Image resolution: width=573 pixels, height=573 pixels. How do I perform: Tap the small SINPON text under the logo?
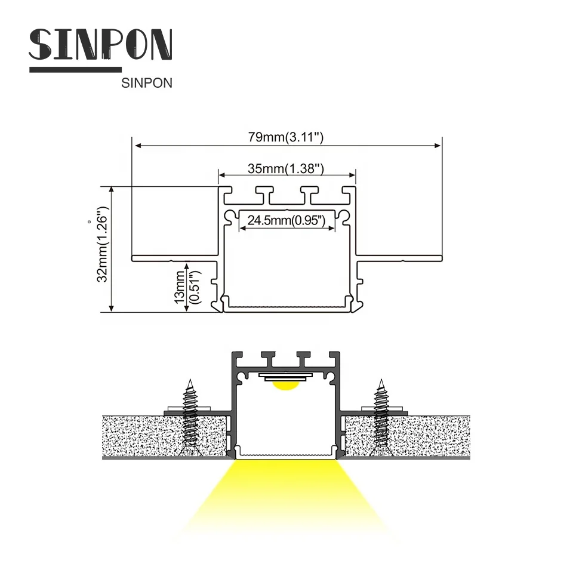click(146, 84)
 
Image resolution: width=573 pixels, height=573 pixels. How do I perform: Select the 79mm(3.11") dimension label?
click(286, 137)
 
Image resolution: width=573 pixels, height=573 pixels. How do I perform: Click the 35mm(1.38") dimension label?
click(286, 169)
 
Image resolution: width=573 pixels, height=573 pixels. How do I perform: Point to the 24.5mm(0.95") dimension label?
click(286, 221)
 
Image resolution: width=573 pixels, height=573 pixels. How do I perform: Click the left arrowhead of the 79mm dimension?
click(137, 144)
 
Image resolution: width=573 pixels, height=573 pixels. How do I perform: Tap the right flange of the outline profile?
click(400, 258)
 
